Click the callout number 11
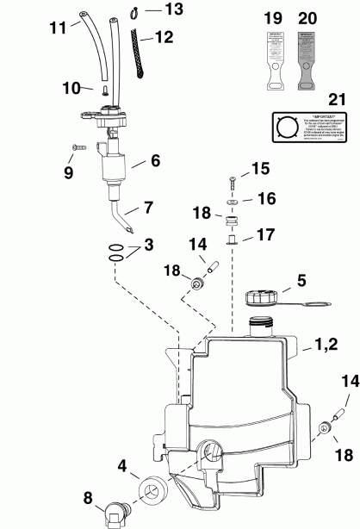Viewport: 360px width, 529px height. click(x=58, y=28)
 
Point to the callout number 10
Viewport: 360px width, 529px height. click(x=71, y=87)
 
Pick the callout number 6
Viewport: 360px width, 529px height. click(x=156, y=160)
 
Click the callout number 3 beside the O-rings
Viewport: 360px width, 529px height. click(x=150, y=246)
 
